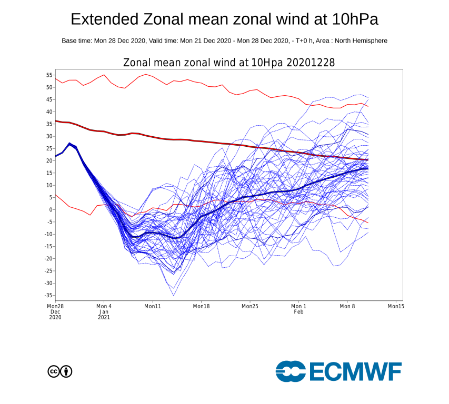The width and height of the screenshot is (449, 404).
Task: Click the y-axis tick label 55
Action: click(x=49, y=75)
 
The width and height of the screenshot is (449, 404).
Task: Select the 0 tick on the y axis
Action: click(x=51, y=210)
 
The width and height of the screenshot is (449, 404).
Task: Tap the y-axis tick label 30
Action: click(x=49, y=136)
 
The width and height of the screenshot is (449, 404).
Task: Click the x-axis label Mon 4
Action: click(x=104, y=306)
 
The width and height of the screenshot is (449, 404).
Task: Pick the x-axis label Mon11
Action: click(x=153, y=306)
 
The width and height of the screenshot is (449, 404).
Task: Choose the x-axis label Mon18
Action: click(x=201, y=306)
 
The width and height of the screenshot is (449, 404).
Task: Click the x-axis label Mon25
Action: click(x=250, y=306)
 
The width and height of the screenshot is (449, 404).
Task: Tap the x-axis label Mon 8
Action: click(x=346, y=306)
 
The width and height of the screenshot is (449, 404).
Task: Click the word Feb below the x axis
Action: click(x=298, y=312)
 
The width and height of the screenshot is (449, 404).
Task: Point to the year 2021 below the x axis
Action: click(x=104, y=318)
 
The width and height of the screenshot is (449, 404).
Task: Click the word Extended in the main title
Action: click(x=103, y=20)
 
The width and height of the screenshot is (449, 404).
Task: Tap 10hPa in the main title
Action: click(x=354, y=20)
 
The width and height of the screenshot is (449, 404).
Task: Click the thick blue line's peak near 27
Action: click(x=69, y=143)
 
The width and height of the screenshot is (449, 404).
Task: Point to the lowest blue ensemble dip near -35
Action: click(x=173, y=295)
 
